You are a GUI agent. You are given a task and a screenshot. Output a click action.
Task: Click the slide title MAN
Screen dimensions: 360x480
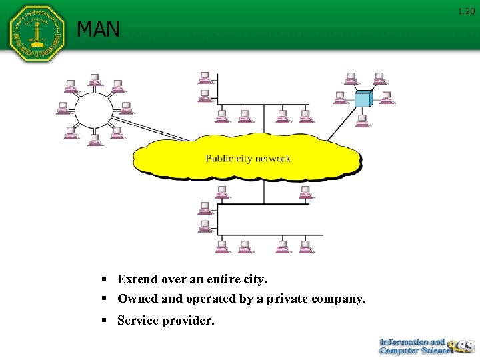click(98, 29)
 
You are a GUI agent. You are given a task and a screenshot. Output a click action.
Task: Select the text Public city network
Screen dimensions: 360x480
click(248, 159)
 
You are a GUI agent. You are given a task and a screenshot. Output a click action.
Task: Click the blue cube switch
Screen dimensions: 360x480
click(363, 99)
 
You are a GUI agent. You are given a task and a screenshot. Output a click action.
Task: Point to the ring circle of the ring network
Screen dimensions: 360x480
click(93, 111)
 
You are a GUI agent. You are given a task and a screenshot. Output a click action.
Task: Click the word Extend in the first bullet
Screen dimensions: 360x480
click(138, 279)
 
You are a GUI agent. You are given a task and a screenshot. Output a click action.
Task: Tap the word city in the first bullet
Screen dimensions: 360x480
click(252, 279)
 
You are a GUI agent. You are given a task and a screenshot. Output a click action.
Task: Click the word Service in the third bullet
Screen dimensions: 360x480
click(139, 321)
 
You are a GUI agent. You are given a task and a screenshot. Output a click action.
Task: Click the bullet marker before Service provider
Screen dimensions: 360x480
click(105, 321)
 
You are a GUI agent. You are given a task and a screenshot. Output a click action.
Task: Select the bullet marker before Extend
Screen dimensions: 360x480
click(105, 279)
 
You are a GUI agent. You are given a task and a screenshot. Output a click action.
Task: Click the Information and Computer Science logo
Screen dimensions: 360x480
click(425, 346)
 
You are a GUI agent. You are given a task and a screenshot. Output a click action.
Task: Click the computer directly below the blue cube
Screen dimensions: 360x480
click(362, 121)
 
